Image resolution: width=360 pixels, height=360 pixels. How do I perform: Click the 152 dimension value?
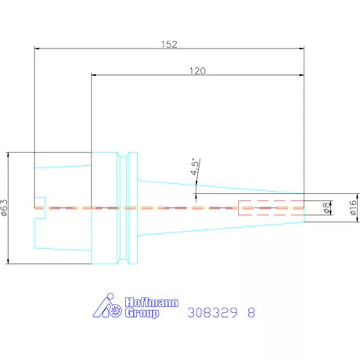[169, 44]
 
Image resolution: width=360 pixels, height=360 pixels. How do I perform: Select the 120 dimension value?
[197, 70]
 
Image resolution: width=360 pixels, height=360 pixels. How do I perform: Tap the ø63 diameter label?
[5, 207]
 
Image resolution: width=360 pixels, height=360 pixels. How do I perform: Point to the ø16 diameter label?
[353, 207]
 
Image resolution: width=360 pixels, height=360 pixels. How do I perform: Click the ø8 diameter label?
[326, 208]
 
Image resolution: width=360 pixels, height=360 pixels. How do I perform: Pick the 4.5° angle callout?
[195, 167]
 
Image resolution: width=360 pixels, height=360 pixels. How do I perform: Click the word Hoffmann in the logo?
[152, 302]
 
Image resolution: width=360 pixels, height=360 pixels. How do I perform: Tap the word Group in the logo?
[142, 313]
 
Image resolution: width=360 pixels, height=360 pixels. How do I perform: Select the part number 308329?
[212, 312]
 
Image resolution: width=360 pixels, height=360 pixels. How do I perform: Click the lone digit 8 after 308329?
[251, 312]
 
